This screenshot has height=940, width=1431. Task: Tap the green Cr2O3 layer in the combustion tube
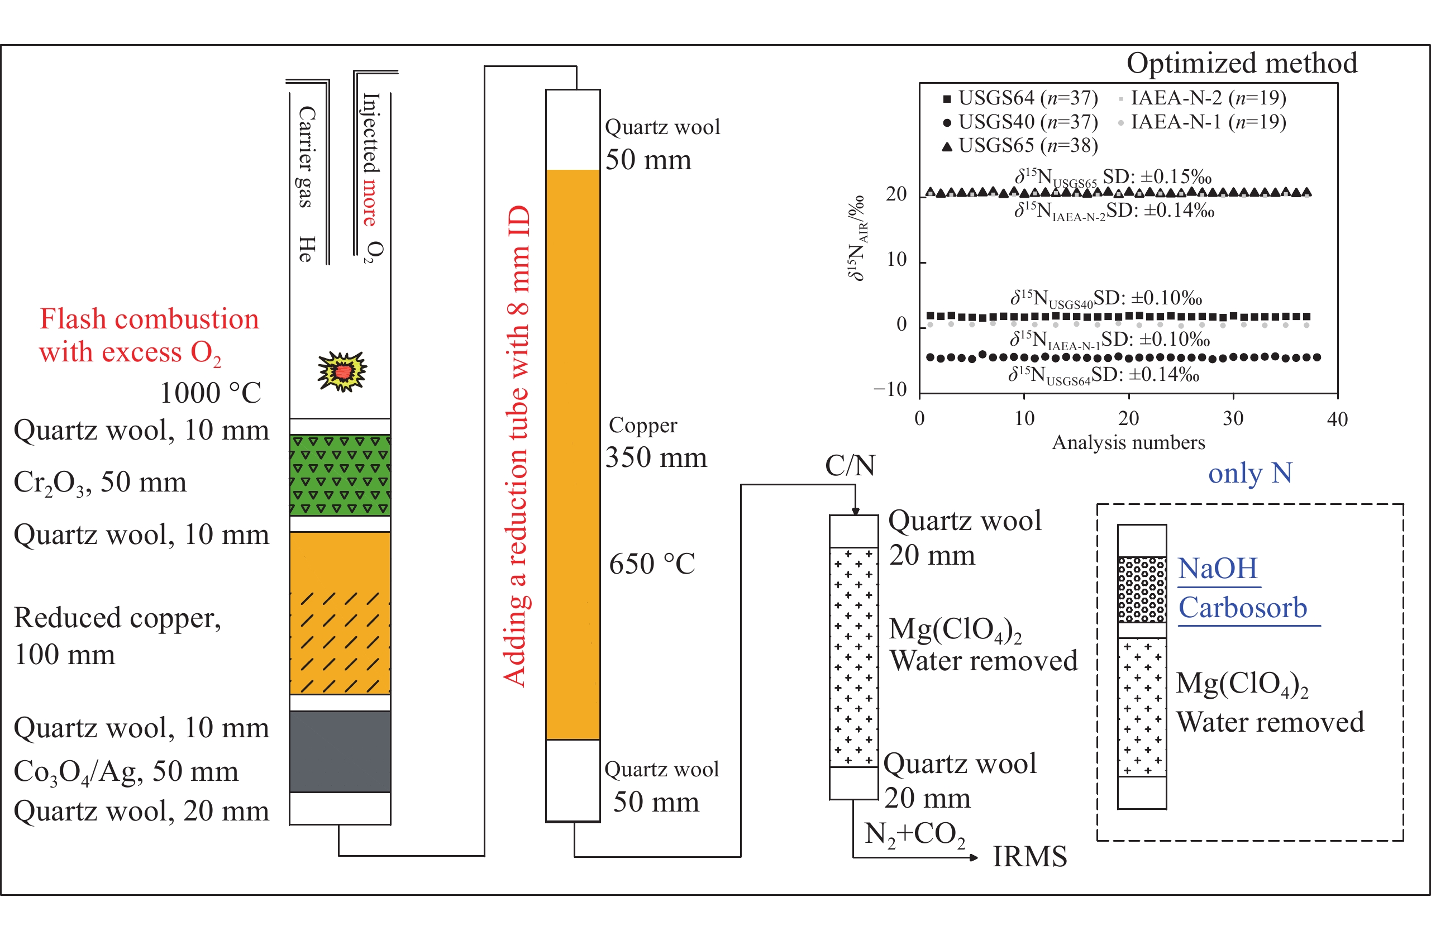[340, 475]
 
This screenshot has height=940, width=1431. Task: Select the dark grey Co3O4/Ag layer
[340, 751]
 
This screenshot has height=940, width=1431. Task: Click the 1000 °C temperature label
[211, 393]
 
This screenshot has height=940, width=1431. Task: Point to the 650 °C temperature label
[652, 564]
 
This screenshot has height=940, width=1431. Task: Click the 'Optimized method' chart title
[1242, 63]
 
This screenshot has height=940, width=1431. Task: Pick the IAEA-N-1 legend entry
[1203, 122]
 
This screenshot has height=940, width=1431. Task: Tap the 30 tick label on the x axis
[1233, 418]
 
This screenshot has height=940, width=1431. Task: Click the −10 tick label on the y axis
[890, 390]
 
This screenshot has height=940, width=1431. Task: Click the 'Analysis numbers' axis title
[1128, 443]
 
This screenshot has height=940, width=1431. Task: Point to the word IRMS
[1029, 856]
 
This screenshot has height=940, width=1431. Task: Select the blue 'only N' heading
[1250, 473]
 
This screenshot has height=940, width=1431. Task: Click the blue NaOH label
[1218, 569]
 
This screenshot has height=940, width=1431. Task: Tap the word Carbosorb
[1243, 608]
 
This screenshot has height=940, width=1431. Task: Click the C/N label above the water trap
[850, 465]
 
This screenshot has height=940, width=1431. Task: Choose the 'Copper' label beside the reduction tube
[643, 425]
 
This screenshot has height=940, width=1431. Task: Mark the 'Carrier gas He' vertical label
[306, 183]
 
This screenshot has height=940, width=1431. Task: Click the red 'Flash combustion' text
[149, 319]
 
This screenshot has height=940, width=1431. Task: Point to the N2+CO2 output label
[914, 835]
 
